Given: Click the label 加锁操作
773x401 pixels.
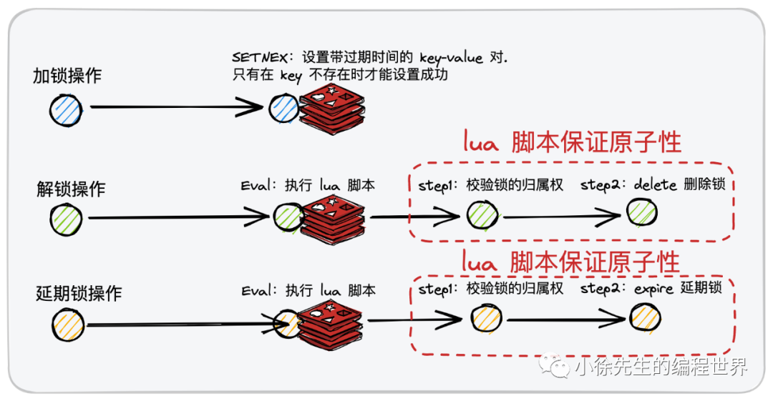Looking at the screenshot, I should pyautogui.click(x=67, y=76).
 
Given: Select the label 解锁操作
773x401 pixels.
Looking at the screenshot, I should pyautogui.click(x=71, y=189).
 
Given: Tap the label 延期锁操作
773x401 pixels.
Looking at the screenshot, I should pyautogui.click(x=79, y=294).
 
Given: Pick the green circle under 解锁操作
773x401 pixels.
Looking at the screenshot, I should pyautogui.click(x=67, y=219).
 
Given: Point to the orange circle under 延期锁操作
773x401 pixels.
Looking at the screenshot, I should pyautogui.click(x=68, y=325).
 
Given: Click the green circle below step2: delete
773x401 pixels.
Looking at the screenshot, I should pyautogui.click(x=642, y=212).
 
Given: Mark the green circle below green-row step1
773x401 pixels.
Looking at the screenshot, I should pyautogui.click(x=482, y=214).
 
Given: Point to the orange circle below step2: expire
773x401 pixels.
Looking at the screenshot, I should pyautogui.click(x=645, y=318).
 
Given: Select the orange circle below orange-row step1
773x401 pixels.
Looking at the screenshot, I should pyautogui.click(x=486, y=317).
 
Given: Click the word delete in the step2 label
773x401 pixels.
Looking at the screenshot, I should pyautogui.click(x=655, y=185).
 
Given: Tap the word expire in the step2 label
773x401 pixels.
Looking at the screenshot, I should pyautogui.click(x=654, y=289).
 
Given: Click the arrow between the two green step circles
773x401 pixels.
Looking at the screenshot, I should pyautogui.click(x=562, y=214).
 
